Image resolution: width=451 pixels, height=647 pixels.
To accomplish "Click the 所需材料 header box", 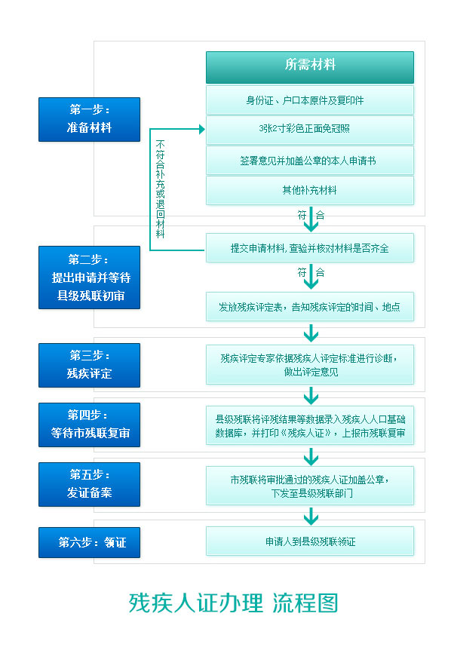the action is coord(310,67).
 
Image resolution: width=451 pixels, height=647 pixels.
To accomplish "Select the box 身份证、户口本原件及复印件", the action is coord(310,100).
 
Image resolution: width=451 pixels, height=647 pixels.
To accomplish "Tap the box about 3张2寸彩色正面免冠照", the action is coord(310,130).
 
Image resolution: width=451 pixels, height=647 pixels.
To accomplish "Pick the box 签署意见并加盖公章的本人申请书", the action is coord(310,160).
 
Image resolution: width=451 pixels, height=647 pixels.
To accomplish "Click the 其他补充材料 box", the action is coord(310,190).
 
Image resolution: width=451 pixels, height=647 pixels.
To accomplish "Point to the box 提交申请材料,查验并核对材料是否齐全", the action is coord(310,248).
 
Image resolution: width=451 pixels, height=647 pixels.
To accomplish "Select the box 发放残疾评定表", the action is coord(310,307).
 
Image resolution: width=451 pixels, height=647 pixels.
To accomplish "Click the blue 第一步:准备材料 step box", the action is coord(90,119).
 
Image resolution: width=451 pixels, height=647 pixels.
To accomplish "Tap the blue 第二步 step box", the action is coord(90,278).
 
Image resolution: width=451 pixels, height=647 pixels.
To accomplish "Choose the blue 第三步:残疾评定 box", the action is coord(90,365).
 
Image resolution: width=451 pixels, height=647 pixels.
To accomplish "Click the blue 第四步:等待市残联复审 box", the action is coord(90,425).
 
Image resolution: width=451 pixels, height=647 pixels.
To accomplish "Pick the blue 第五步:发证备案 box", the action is coord(90,484).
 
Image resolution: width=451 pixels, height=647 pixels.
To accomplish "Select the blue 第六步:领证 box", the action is coord(90,542).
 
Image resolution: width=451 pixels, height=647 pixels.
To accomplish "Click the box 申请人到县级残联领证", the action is coord(310,541).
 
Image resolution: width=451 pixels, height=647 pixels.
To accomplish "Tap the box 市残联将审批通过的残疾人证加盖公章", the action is coord(310,486).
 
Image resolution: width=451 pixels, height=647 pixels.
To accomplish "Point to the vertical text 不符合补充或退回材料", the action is coord(160,189).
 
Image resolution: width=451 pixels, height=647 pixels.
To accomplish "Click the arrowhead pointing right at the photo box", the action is coord(202,129).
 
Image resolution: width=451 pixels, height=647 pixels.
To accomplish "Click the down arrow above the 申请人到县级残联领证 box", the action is coord(311,517).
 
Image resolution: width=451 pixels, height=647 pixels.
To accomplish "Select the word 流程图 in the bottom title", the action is coord(305,603).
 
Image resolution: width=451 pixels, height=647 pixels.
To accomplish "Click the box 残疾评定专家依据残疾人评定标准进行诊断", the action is coord(310,365).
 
